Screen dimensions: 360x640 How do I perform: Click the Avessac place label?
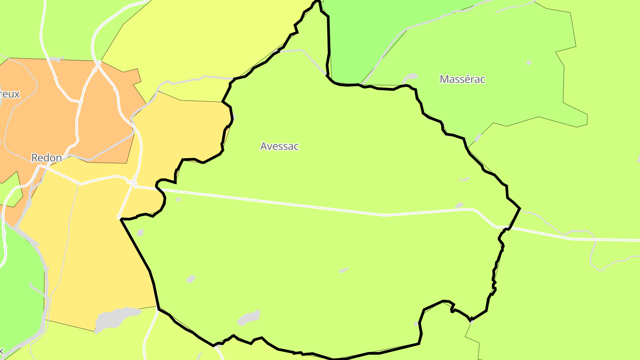(280, 146)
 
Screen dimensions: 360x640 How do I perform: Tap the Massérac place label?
(462, 80)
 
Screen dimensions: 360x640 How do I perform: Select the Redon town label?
(46, 157)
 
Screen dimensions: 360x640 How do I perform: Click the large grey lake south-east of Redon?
(116, 317)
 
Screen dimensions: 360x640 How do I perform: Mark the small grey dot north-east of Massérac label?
(529, 63)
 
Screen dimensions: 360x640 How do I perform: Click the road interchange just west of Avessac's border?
(132, 182)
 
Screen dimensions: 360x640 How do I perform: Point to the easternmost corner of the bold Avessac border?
(520, 208)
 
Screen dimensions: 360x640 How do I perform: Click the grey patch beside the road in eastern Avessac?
(459, 205)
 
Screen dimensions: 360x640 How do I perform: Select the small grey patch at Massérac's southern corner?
(478, 138)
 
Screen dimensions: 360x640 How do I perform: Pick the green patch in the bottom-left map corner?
(18, 289)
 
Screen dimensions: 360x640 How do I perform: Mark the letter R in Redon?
(34, 158)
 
